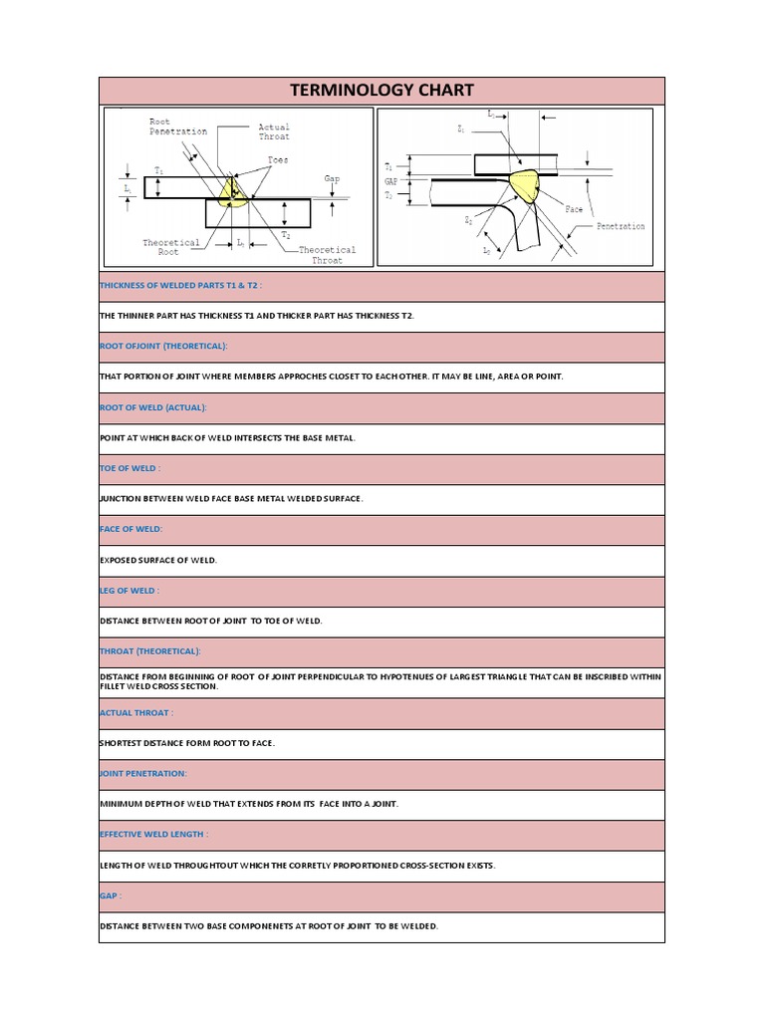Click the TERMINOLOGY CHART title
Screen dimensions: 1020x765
[382, 91]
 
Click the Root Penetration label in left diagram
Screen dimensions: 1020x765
[178, 127]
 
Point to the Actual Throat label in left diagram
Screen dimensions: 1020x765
[274, 131]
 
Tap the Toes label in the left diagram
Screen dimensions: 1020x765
[278, 160]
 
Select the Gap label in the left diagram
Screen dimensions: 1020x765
[332, 179]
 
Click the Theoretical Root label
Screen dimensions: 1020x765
[171, 247]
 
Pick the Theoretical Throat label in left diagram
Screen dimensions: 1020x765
[327, 255]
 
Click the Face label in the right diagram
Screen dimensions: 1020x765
[574, 210]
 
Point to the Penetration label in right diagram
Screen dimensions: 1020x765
[621, 226]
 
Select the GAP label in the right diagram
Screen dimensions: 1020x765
[391, 182]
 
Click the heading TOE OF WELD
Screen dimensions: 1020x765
[129, 468]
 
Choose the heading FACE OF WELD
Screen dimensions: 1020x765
[130, 529]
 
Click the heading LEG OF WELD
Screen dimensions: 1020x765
[129, 591]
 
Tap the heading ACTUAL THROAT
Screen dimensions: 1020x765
[136, 713]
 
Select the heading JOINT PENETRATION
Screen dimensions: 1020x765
[143, 774]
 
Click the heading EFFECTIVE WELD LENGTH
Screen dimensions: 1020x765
[154, 835]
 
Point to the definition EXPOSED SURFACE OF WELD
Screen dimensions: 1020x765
[158, 560]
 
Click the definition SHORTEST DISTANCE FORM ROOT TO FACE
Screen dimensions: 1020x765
[187, 743]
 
